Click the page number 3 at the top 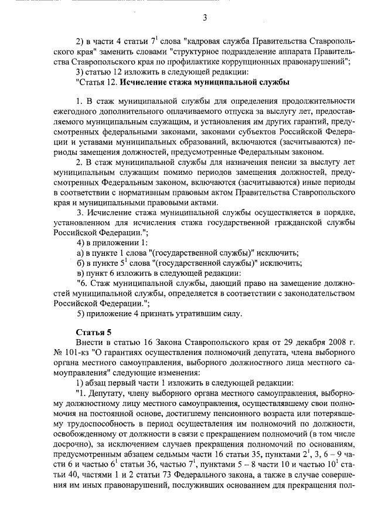tap(206, 18)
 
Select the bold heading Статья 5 tap(86, 332)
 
